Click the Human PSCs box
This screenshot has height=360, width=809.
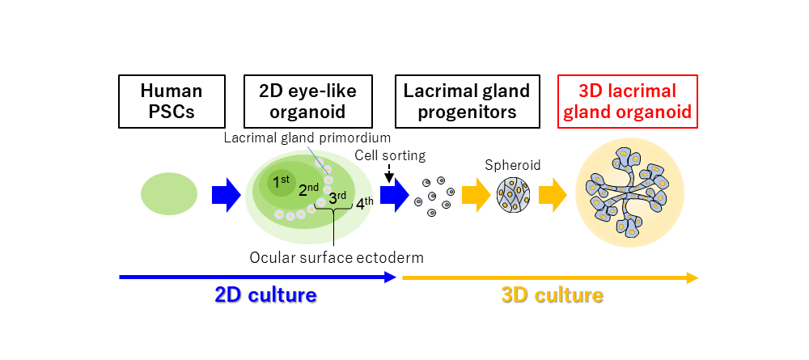171,101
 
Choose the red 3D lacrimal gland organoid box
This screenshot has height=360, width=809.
628,101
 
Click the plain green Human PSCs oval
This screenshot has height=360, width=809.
169,194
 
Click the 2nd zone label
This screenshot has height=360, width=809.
308,190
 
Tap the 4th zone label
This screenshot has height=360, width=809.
364,201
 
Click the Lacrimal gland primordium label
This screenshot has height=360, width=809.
307,140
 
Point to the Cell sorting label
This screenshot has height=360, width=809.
390,155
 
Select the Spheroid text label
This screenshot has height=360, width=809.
512,166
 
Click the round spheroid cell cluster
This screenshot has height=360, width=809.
513,195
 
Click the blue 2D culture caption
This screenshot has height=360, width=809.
265,295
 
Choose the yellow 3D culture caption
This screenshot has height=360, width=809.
552,295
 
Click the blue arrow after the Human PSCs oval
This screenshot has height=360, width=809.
226,195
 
